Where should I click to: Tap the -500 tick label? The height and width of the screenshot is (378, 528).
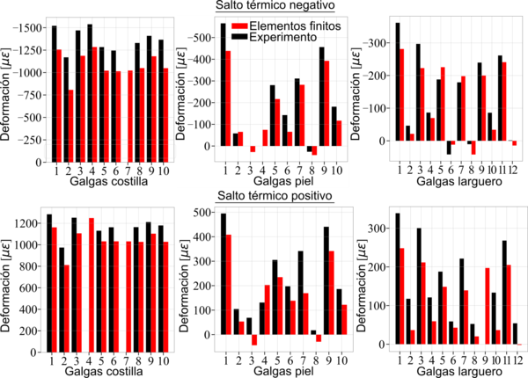(x=202, y=38)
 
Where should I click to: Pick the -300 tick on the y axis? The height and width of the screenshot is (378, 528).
(x=202, y=81)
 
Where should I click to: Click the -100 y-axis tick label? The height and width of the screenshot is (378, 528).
(x=202, y=124)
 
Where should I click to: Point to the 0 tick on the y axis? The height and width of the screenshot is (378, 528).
(x=211, y=146)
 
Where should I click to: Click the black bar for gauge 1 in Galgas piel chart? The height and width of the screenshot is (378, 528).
(x=223, y=84)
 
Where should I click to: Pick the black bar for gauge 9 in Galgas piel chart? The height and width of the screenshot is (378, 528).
(x=321, y=97)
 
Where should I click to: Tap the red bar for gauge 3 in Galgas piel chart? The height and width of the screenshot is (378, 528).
(x=253, y=149)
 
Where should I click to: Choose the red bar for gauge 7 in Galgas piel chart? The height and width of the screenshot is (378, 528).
(x=302, y=115)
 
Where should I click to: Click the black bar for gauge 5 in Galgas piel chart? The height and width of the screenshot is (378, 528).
(x=272, y=115)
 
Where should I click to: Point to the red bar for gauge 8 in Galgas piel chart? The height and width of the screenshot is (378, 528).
(x=314, y=150)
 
